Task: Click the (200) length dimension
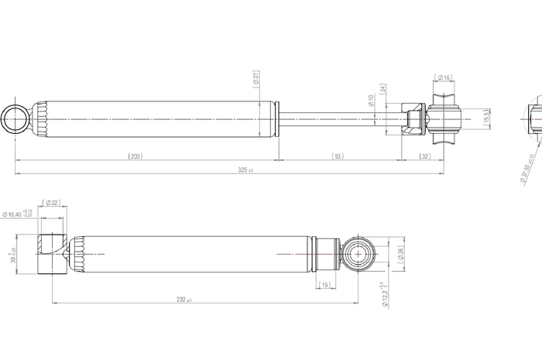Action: pyautogui.click(x=135, y=156)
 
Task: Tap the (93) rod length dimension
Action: pyautogui.click(x=338, y=156)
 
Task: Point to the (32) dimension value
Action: pyautogui.click(x=424, y=156)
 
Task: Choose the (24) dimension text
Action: pyautogui.click(x=382, y=88)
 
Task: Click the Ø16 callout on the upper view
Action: pyautogui.click(x=444, y=77)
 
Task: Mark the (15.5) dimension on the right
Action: pyautogui.click(x=486, y=118)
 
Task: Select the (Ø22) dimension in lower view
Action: pyautogui.click(x=53, y=202)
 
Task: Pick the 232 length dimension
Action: pyautogui.click(x=184, y=300)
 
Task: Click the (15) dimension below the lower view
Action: pyautogui.click(x=324, y=284)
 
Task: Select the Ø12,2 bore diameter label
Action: pyautogui.click(x=385, y=295)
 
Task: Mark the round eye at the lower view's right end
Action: pyautogui.click(x=358, y=253)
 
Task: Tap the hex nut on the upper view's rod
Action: pyautogui.click(x=414, y=118)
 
